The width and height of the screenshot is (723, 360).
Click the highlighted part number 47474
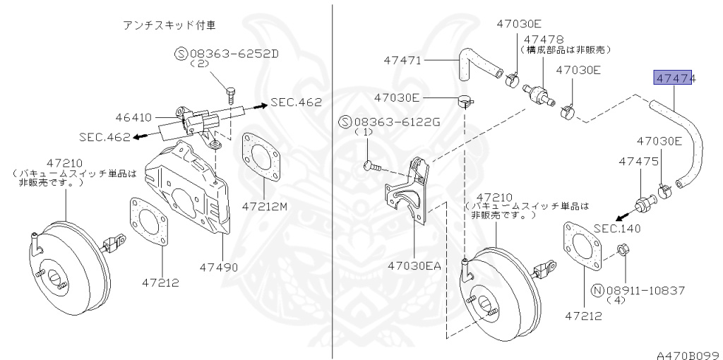(x=674, y=78)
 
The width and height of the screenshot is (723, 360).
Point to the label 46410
(x=133, y=117)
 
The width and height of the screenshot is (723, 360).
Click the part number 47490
(x=219, y=267)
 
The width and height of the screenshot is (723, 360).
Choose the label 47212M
(x=265, y=206)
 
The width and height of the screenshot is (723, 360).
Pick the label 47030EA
(x=414, y=265)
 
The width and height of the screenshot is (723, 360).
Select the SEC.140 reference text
(x=617, y=228)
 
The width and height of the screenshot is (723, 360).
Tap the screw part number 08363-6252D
(x=233, y=54)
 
